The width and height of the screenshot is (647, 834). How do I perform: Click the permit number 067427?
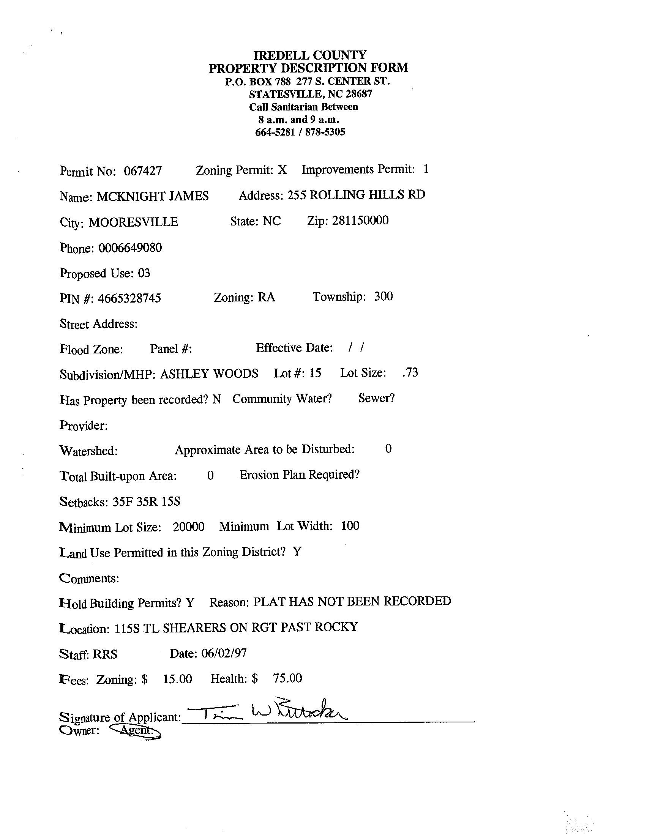point(142,170)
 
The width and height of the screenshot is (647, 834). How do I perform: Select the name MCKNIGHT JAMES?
point(152,196)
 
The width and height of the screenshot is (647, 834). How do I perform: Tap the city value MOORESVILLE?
point(133,222)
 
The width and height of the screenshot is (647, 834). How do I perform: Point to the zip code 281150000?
point(360,220)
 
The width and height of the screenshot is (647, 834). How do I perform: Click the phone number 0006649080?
point(130,248)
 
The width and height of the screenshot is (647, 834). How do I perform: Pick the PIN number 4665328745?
point(129,298)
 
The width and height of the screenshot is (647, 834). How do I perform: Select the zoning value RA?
point(266,297)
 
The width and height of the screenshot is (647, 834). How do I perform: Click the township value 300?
point(383,296)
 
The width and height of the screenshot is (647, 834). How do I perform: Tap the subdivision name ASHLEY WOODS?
point(209,374)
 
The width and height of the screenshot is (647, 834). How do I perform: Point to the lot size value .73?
point(410,372)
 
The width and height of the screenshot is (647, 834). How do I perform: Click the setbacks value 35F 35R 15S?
point(146,501)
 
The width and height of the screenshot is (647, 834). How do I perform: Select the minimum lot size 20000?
point(188,527)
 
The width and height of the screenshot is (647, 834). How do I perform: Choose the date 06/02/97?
point(224,653)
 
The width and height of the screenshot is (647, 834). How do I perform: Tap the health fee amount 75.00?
point(287,678)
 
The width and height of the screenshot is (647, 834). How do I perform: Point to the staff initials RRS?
point(105,654)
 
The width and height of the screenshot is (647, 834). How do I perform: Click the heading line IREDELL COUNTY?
point(310,55)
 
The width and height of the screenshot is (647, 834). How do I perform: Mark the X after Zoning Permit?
point(282,170)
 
